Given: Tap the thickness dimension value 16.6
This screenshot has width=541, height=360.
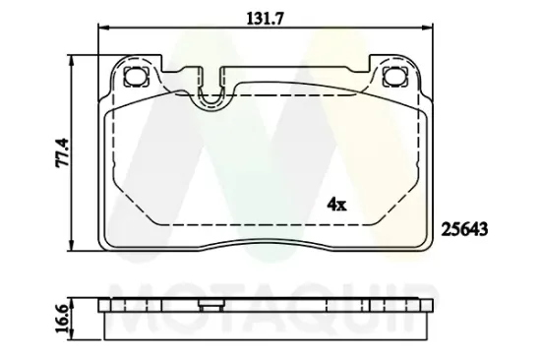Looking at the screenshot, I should (x=61, y=319).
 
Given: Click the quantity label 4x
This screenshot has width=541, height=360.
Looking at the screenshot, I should (x=336, y=204).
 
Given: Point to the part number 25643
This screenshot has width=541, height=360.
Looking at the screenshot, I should (x=465, y=226).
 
